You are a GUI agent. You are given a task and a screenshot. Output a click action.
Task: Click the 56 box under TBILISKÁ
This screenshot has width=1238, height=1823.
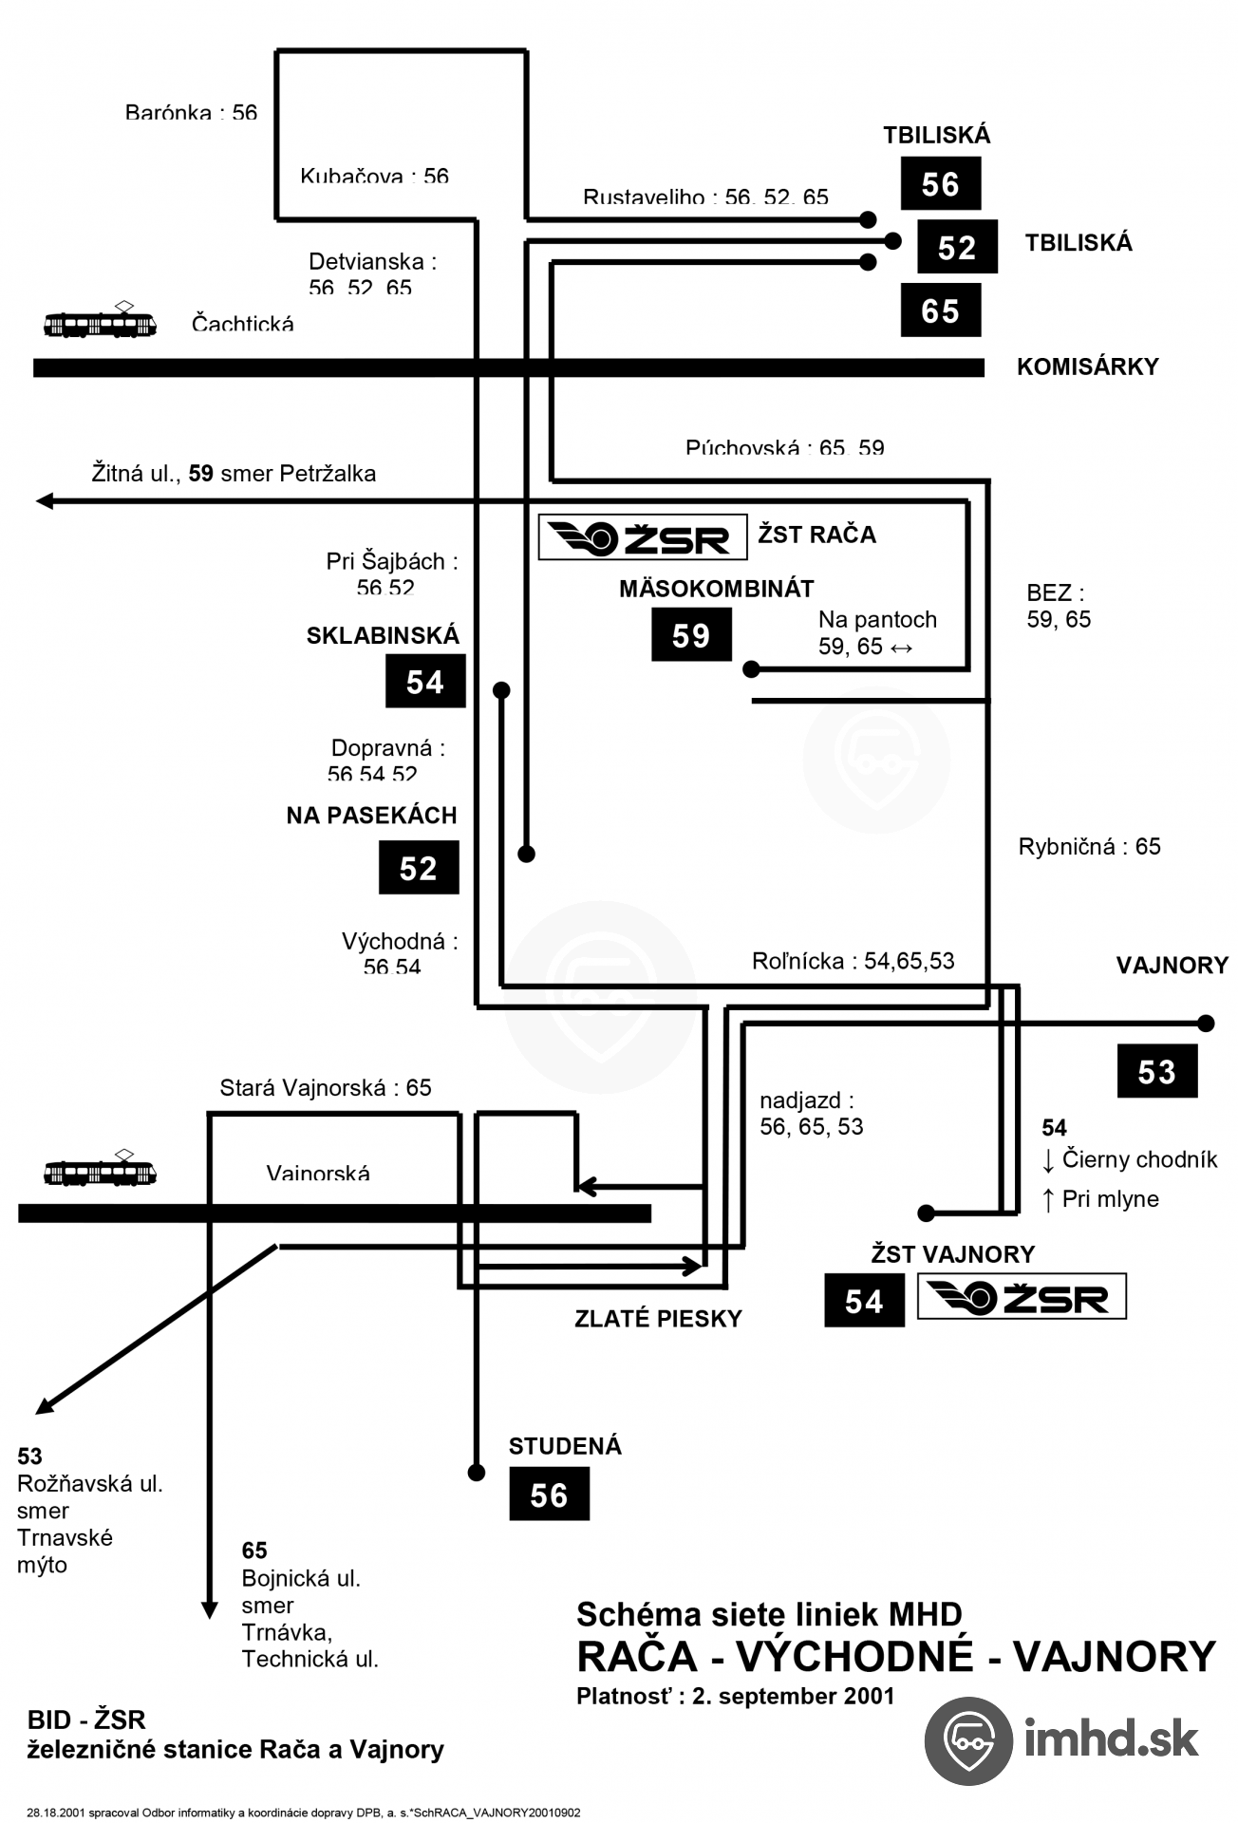(x=940, y=184)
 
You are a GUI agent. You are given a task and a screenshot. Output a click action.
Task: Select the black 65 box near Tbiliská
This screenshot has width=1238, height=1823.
(x=940, y=310)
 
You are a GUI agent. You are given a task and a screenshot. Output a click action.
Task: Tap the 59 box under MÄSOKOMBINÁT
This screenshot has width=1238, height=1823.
(x=691, y=635)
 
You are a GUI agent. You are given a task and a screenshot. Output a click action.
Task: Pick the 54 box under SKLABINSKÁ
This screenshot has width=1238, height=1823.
(x=425, y=682)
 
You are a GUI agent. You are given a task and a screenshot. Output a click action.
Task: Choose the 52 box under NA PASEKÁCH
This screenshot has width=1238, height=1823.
(x=419, y=868)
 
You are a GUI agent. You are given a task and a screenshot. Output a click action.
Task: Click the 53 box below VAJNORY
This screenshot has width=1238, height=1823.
(x=1156, y=1072)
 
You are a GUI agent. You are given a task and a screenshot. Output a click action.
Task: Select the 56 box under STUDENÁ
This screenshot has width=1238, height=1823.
(x=549, y=1494)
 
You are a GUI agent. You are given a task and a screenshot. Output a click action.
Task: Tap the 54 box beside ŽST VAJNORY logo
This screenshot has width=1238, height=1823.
(x=864, y=1301)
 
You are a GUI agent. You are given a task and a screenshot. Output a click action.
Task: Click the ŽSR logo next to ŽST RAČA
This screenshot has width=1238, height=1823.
(x=642, y=538)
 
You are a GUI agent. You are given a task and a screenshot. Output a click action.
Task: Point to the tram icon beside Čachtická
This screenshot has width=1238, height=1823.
(x=100, y=323)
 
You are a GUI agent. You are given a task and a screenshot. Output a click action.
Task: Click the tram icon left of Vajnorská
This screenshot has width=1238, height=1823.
(x=100, y=1172)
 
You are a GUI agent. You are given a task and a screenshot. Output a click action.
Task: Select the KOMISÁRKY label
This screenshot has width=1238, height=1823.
(x=1087, y=367)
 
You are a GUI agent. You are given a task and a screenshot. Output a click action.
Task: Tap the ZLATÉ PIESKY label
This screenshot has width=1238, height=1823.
(x=658, y=1319)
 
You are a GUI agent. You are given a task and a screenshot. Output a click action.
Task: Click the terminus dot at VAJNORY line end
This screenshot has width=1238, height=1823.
(x=1206, y=1024)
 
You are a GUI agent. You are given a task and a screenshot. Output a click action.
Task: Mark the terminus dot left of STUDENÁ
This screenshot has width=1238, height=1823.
(x=477, y=1473)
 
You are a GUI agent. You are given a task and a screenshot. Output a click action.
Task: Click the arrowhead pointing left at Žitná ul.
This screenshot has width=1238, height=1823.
(x=44, y=501)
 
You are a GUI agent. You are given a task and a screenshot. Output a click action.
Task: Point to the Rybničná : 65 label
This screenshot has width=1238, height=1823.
(x=1089, y=847)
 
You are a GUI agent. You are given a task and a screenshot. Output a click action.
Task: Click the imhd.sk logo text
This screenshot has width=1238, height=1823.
(x=1111, y=1739)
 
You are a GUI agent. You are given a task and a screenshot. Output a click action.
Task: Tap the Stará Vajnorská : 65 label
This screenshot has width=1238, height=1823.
(x=326, y=1088)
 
